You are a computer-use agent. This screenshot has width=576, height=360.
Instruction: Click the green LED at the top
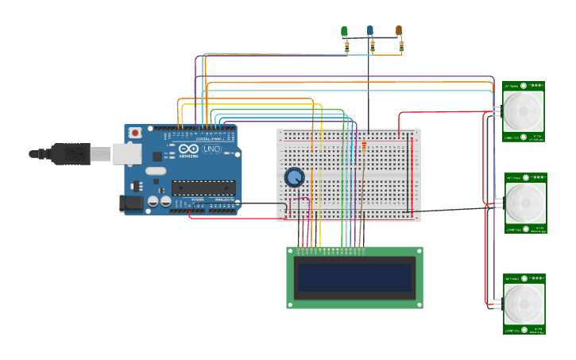[344, 32]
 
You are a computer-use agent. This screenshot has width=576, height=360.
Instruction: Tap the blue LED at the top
[370, 31]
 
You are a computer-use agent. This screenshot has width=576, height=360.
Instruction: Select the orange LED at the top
[399, 31]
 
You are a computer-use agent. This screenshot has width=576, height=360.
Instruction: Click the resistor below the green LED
[346, 48]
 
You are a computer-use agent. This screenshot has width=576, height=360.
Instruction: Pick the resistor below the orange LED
[401, 48]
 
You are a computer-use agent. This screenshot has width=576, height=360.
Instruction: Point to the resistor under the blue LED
[373, 48]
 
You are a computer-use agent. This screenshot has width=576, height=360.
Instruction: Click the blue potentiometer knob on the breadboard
[294, 177]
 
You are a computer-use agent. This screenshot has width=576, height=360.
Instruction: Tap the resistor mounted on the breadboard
[364, 148]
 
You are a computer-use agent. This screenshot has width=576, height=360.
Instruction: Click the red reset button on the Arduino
[135, 132]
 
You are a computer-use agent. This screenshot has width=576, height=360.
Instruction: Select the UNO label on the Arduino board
[211, 149]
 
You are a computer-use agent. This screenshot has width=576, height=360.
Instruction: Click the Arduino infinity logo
[189, 149]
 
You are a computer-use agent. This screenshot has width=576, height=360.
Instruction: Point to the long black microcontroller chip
[203, 188]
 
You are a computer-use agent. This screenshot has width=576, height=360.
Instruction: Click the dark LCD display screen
[354, 278]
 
